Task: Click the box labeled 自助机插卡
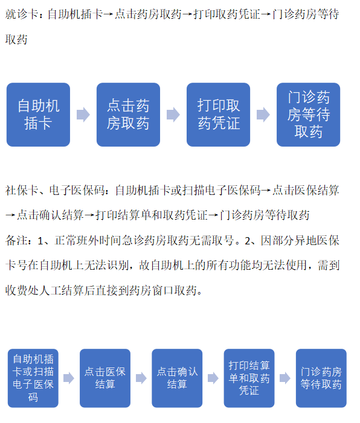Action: (x=38, y=115)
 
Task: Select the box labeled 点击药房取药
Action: (x=128, y=115)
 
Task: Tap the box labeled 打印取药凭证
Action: (x=218, y=115)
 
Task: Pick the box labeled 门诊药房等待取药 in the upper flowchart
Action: (x=308, y=115)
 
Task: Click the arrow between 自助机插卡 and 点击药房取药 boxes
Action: (x=83, y=115)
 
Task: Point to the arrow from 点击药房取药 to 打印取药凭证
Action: (x=173, y=115)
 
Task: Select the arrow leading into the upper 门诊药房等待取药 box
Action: (x=263, y=115)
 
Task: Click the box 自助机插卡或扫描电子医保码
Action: (x=33, y=378)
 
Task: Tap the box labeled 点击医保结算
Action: (x=105, y=378)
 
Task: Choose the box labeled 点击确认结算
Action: (x=177, y=378)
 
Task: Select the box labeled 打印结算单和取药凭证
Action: (x=249, y=378)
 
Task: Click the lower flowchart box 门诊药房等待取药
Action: (x=321, y=378)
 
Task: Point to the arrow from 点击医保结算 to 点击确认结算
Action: (x=141, y=378)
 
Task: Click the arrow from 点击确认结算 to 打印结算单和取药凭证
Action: (x=213, y=378)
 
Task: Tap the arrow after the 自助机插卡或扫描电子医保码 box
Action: (x=69, y=378)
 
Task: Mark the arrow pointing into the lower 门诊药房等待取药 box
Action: (x=285, y=378)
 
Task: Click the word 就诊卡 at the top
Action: (x=21, y=14)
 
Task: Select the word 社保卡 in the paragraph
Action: (x=21, y=191)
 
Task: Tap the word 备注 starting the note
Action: (x=16, y=240)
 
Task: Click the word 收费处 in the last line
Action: (x=22, y=290)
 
